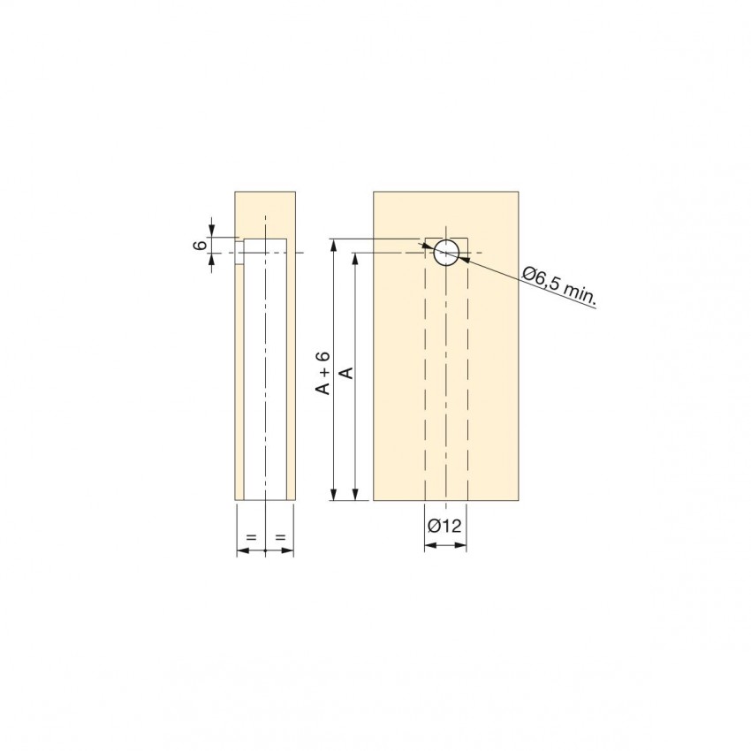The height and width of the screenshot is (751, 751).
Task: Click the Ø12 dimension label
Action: pos(444,526)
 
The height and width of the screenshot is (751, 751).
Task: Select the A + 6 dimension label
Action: pos(324,373)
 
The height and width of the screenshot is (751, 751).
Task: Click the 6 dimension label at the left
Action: pos(201,245)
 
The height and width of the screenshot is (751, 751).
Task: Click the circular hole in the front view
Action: pos(446,253)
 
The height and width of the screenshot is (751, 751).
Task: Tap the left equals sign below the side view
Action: pos(252,537)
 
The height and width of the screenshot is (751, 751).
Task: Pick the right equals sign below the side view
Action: pos(281,537)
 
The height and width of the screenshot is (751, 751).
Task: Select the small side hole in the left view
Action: pos(239,253)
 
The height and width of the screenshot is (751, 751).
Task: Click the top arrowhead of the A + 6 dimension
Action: pos(334,244)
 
